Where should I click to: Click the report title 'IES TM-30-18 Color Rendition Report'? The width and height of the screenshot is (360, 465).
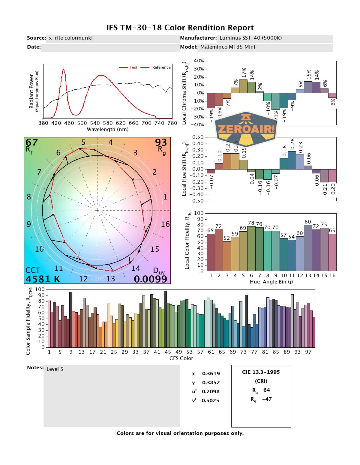coord(180,28)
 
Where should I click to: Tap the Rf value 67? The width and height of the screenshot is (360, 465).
coord(32,142)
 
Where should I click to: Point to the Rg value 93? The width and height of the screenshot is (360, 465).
coord(161,142)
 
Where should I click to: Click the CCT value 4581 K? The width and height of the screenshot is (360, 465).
coord(43,279)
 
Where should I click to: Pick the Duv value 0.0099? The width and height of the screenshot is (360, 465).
coord(150,279)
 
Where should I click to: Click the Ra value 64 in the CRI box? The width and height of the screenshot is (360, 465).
coord(266,390)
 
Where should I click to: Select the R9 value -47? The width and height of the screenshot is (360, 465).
coord(267,399)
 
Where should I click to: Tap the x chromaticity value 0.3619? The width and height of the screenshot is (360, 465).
coord(211,373)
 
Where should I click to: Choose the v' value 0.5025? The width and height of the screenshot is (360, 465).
coord(210,400)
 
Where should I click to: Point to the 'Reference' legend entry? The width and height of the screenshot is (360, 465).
coord(161,67)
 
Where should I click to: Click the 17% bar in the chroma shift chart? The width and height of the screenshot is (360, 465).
coord(243,86)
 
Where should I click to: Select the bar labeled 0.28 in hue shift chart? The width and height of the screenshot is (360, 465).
coord(292,160)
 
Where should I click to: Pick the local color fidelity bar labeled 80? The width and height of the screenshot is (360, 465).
coord(308,248)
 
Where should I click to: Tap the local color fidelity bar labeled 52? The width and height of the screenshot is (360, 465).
coord(227,256)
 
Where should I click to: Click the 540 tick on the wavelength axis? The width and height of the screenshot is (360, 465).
coord(95,123)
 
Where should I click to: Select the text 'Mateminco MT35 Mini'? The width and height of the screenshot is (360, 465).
coord(228,47)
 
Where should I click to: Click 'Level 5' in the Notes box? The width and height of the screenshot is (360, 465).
coord(55,369)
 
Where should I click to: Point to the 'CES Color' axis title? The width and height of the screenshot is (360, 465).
coord(181,358)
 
